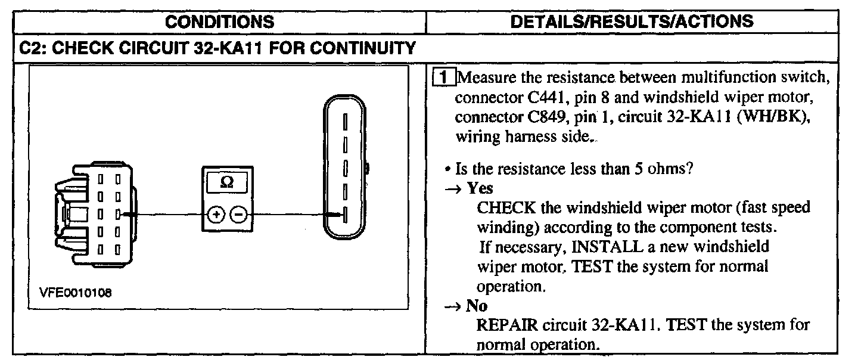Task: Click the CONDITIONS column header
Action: (219, 22)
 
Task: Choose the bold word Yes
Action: (480, 188)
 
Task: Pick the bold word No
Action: (477, 306)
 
